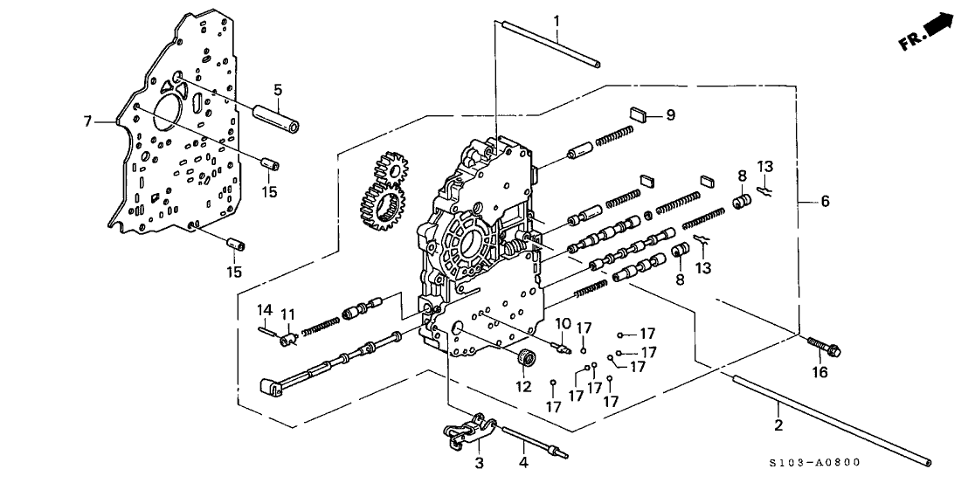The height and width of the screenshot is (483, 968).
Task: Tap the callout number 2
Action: point(778,425)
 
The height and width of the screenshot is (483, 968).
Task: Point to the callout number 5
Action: point(277,89)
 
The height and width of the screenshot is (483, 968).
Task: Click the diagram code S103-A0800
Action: point(818,464)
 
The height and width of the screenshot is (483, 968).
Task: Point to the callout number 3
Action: point(479,461)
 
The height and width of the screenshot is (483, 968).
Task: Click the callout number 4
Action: point(524,461)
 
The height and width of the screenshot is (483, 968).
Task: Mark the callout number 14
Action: point(263,309)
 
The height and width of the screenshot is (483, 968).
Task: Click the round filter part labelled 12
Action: point(526,357)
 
